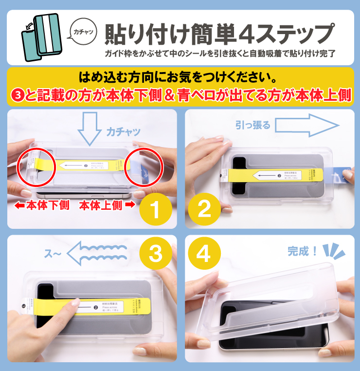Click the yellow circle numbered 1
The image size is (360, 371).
(x=155, y=209)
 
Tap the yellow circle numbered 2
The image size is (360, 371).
(x=205, y=209)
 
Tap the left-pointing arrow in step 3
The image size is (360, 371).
(x=97, y=253)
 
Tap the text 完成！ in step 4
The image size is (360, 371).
(x=303, y=251)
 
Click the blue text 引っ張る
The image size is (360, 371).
(x=252, y=125)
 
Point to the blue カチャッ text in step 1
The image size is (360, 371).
(x=123, y=131)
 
